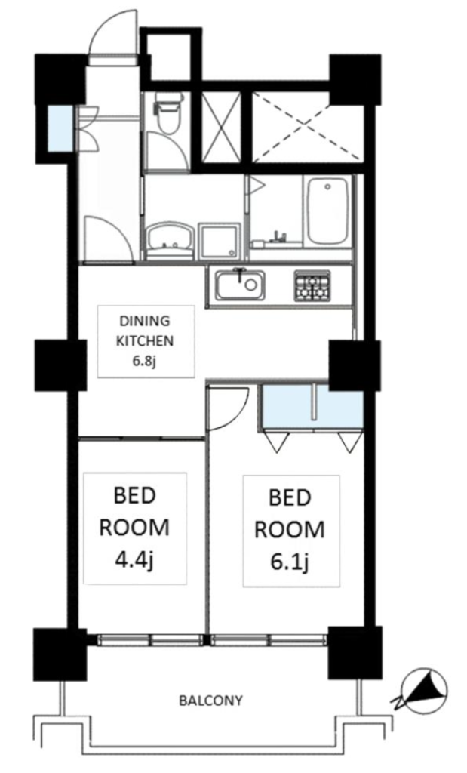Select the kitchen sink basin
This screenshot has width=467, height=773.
(x=240, y=285)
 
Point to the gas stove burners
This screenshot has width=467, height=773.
(x=312, y=285)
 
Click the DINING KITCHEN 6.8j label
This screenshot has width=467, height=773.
(x=146, y=341)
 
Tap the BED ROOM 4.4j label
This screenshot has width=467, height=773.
(x=134, y=528)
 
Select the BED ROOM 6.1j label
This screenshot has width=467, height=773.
(x=290, y=529)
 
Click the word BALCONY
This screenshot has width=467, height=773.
(x=210, y=700)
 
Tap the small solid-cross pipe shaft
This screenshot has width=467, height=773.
(x=222, y=126)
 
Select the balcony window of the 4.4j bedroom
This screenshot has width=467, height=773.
(x=150, y=639)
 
